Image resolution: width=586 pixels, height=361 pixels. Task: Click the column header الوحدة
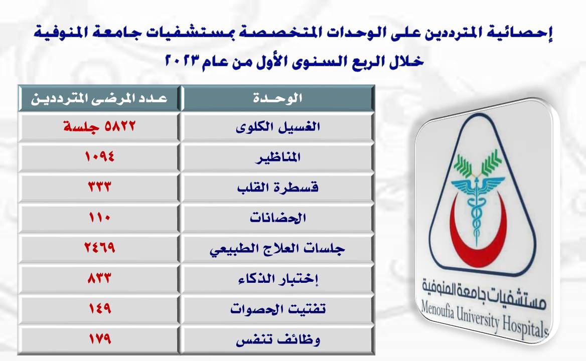tap(277, 99)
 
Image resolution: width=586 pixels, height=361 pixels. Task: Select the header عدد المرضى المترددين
tap(99, 99)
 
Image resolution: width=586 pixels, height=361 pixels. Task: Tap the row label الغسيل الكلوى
tap(277, 127)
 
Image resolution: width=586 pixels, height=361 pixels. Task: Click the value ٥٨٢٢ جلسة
tap(99, 126)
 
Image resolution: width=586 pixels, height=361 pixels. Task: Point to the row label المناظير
tap(277, 157)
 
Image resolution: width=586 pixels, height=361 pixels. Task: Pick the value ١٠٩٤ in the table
tap(99, 156)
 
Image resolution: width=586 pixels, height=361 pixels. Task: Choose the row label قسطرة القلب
tap(277, 187)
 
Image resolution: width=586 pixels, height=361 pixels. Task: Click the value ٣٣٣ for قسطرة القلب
tap(99, 187)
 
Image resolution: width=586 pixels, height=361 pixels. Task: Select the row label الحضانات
tap(277, 217)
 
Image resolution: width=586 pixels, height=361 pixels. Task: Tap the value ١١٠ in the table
tap(99, 217)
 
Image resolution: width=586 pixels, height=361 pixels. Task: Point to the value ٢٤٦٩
tap(99, 247)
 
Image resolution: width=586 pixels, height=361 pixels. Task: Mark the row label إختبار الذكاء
tap(278, 278)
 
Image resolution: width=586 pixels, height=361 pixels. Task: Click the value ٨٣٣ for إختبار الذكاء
tap(99, 278)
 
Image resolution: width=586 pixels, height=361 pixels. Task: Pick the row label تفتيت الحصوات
tap(277, 309)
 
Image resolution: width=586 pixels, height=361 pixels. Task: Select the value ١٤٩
tap(100, 308)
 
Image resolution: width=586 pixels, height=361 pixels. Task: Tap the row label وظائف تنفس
tap(278, 340)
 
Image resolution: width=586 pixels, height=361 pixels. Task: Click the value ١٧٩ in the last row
tap(100, 338)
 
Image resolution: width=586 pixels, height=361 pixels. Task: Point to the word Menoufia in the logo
tap(437, 310)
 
